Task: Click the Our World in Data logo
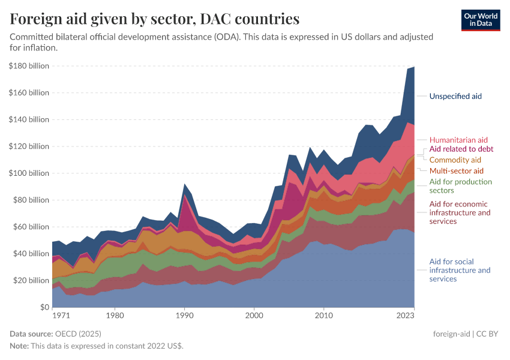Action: point(481,19)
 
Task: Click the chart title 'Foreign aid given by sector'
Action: point(155,19)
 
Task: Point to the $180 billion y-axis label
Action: point(29,66)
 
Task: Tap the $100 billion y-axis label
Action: point(29,173)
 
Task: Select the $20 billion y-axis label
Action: point(31,280)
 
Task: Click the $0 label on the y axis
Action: point(44,307)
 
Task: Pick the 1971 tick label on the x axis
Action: point(60,314)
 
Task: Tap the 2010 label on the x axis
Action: point(324,314)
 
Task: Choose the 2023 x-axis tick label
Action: point(406,314)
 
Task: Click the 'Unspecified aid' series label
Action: point(455,96)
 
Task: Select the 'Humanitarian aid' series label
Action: point(458,140)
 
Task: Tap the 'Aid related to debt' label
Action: point(461,149)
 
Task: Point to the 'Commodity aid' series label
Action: point(455,160)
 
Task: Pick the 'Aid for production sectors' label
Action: point(460,186)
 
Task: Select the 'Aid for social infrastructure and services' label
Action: point(460,270)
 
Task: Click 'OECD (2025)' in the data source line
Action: point(75,334)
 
